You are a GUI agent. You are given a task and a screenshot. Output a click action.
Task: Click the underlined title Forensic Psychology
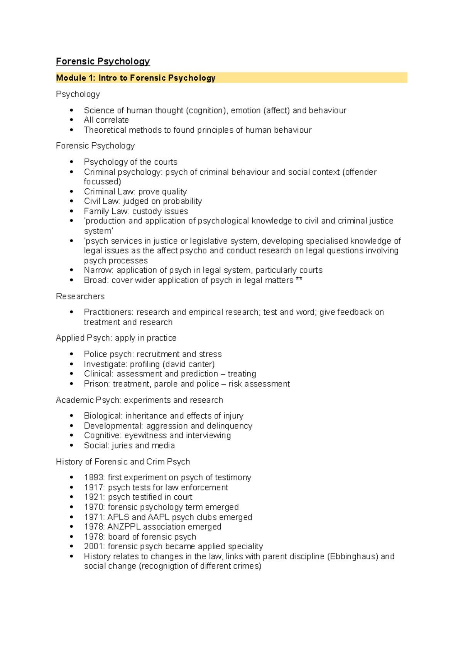(103, 61)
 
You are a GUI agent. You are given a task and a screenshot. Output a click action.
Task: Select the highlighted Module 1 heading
(135, 78)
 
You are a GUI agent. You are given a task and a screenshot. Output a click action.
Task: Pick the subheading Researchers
(80, 296)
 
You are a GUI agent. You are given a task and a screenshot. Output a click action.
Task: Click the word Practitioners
(108, 312)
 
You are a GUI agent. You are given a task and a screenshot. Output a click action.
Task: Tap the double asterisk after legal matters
(299, 280)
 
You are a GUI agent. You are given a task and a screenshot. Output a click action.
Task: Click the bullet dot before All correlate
(71, 120)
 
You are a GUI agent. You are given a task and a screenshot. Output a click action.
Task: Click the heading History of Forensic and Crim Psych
(123, 462)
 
